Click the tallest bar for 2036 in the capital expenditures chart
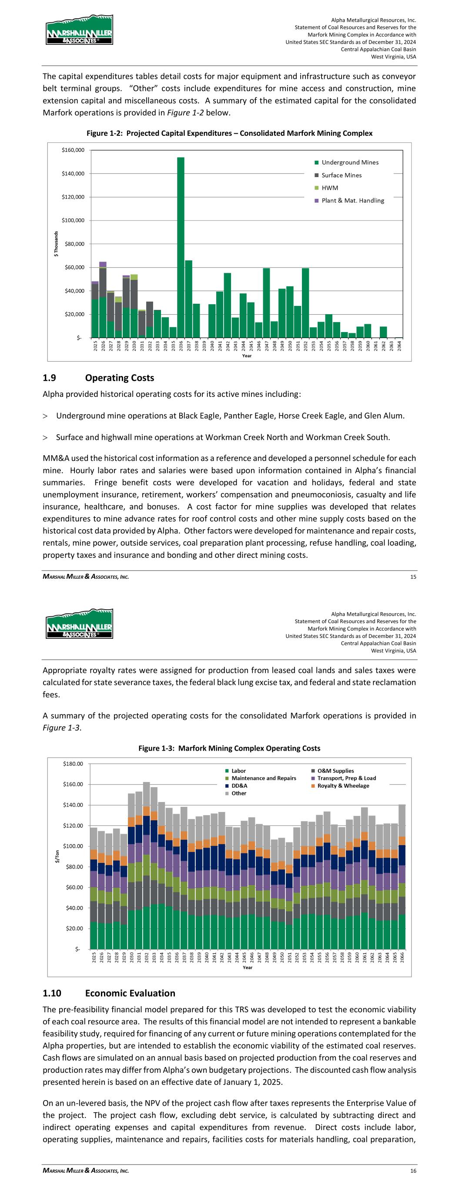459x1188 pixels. coord(181,247)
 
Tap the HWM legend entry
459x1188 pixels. coord(329,188)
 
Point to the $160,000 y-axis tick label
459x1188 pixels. coord(73,150)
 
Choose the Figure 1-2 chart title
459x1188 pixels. coord(229,133)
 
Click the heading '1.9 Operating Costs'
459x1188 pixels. coord(98,378)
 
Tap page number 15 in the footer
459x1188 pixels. coord(413,577)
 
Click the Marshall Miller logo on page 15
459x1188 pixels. coord(79,30)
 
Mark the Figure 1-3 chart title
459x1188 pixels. coord(229,748)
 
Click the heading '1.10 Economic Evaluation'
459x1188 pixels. coord(109,993)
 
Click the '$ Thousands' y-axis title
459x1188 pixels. coord(56,244)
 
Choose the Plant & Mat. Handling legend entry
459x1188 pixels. coord(352,201)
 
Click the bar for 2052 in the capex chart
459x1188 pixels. coord(305,302)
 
